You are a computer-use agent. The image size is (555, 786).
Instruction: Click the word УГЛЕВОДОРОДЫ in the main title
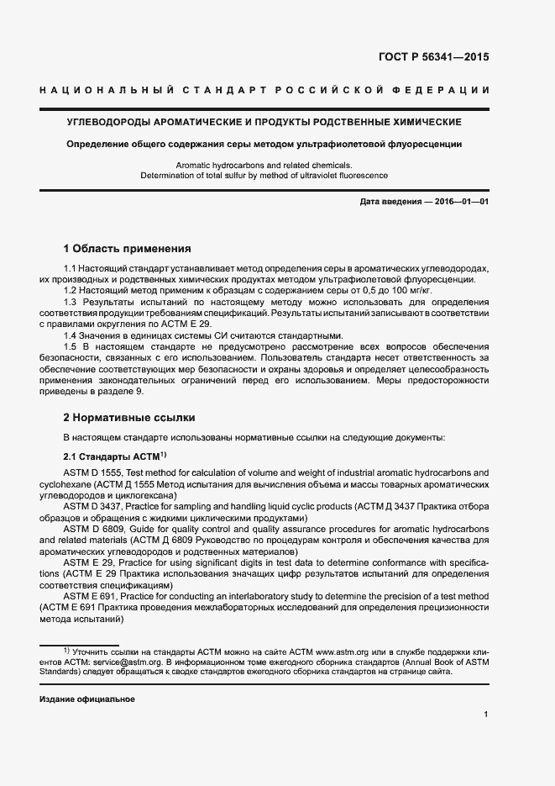pos(115,122)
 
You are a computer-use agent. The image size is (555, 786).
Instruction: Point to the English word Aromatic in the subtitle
pos(196,165)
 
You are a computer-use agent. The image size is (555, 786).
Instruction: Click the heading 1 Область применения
pos(128,249)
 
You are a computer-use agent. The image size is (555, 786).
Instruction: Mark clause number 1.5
pos(71,346)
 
